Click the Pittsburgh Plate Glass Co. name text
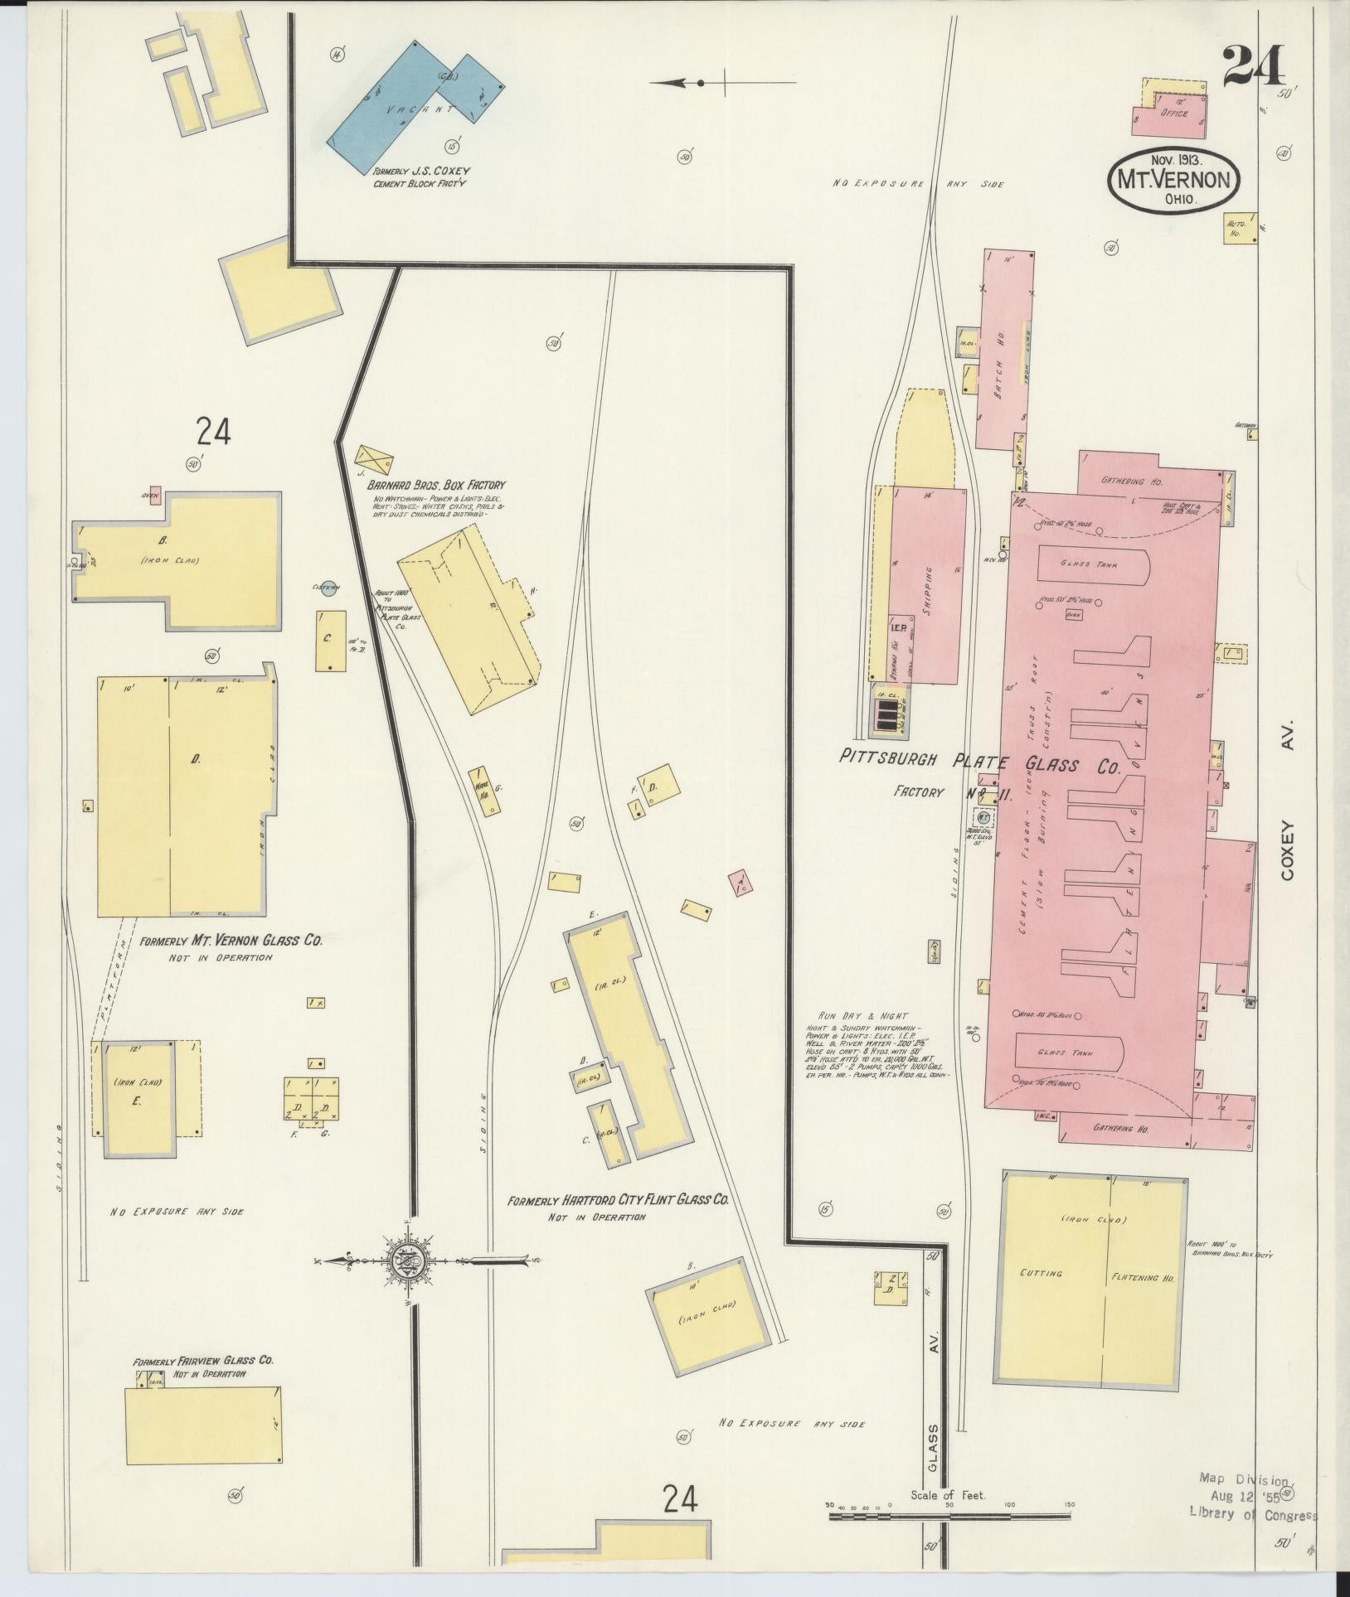(979, 761)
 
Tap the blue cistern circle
(328, 589)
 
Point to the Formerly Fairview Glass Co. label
(203, 1360)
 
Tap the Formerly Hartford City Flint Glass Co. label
(619, 1199)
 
